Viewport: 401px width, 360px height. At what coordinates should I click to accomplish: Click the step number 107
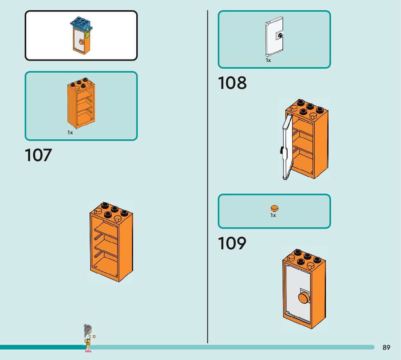click(x=38, y=155)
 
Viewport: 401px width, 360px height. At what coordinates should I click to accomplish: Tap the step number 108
click(x=232, y=83)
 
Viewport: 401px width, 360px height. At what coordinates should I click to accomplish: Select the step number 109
click(x=232, y=243)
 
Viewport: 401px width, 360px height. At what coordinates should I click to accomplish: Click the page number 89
click(x=386, y=348)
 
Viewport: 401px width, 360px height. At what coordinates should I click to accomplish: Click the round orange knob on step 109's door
click(x=303, y=298)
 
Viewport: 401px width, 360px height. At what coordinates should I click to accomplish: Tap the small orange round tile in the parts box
click(x=274, y=208)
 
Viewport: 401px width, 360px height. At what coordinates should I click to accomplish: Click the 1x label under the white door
click(x=268, y=61)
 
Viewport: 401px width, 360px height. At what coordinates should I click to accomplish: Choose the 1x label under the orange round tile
click(x=273, y=216)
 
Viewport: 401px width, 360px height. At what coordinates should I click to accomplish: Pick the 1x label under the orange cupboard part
click(x=70, y=133)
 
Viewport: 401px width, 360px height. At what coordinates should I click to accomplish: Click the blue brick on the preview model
click(x=80, y=24)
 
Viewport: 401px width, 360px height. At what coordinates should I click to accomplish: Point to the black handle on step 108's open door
click(x=281, y=150)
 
